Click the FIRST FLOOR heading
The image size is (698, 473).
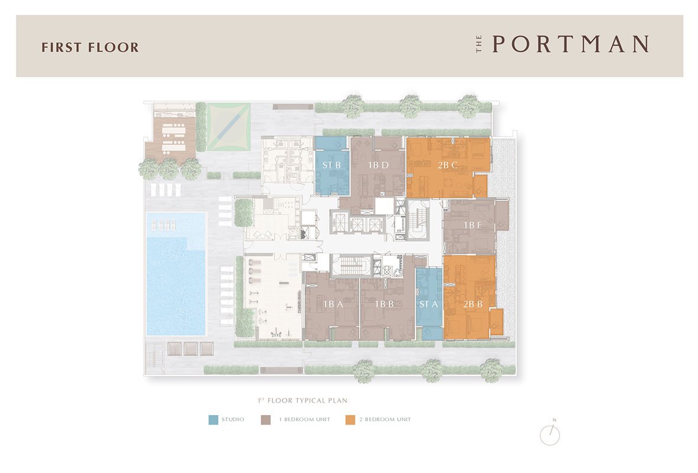coord(90,47)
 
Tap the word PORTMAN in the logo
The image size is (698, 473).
coord(570,44)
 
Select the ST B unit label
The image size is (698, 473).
coord(332,165)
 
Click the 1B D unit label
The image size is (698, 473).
coord(378,165)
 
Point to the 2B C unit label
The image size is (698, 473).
coord(448,165)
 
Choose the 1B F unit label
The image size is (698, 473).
coord(472,225)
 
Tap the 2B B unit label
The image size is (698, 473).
coord(473,304)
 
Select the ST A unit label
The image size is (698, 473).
coord(428,304)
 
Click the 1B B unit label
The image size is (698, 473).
coord(384,304)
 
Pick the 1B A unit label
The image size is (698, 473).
coord(333,304)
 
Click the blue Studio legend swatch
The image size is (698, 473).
coord(214,420)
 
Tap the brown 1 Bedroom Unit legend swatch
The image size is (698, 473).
coord(266,420)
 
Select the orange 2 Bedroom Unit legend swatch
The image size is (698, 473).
coord(350,420)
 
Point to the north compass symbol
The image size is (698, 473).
coord(550,433)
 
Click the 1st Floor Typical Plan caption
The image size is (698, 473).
coord(303,400)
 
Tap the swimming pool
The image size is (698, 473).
coord(176,274)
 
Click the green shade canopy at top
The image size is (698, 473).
coord(229,127)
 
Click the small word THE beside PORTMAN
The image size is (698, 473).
coord(479,44)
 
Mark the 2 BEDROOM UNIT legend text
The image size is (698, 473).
coord(385,420)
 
